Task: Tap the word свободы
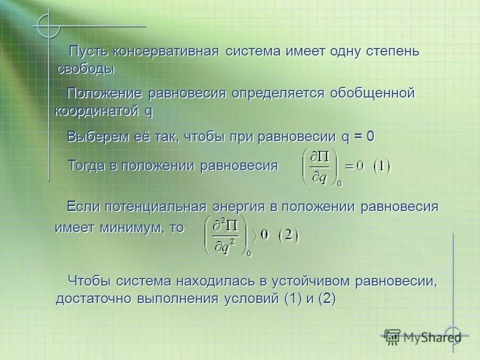coord(85,69)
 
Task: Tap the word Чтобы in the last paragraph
coord(89,281)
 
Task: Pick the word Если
coord(83,207)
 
